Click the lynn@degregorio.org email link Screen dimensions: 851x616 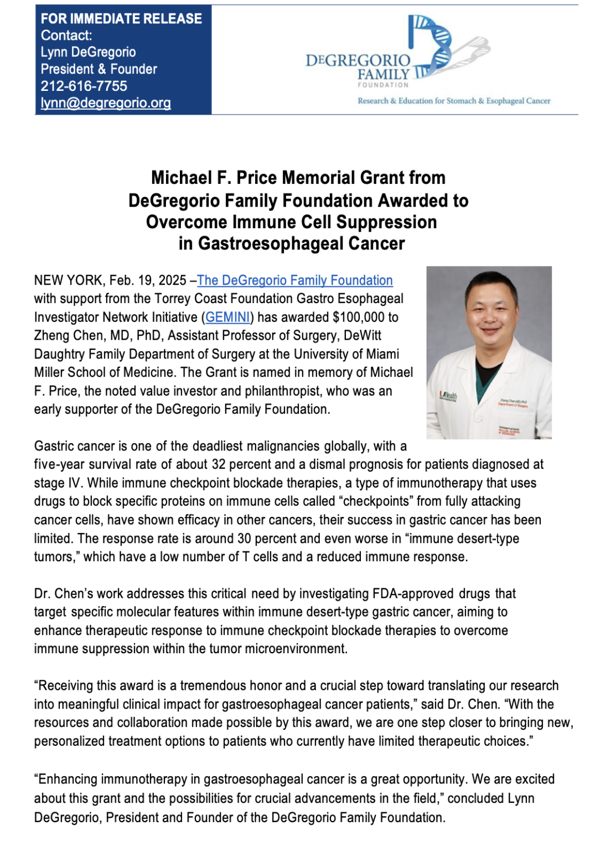coord(105,103)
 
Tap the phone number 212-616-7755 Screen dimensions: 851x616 coord(84,86)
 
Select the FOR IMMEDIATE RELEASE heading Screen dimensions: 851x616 coord(121,19)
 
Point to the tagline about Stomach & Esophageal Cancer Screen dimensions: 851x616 coord(454,101)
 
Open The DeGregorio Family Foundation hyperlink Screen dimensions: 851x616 coord(295,280)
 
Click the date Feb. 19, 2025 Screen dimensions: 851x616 coord(148,280)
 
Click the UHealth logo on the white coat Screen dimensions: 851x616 coord(448,396)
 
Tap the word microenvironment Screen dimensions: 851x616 coord(296,649)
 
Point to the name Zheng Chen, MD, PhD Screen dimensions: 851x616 coord(97,336)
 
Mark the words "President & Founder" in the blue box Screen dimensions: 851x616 coord(99,69)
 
